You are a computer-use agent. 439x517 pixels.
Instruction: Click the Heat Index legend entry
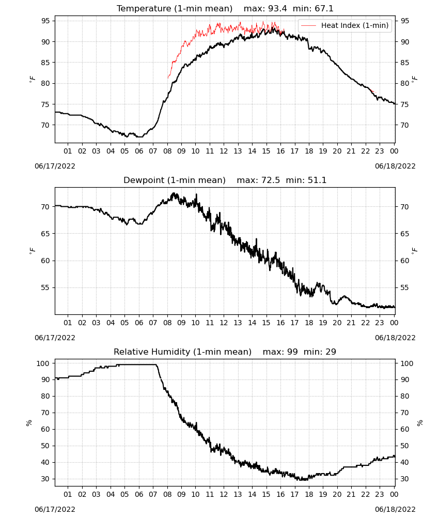(x=345, y=25)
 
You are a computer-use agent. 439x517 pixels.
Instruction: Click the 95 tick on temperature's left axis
(x=45, y=21)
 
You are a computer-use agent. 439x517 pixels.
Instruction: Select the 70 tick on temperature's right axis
(x=404, y=125)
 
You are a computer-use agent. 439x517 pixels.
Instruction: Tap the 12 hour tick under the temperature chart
(x=224, y=151)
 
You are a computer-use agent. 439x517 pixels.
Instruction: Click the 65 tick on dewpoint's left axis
(x=45, y=234)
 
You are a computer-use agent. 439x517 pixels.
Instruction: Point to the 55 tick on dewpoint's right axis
(x=404, y=288)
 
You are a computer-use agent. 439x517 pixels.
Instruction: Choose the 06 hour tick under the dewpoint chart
(x=138, y=323)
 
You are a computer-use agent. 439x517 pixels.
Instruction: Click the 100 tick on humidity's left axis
(x=43, y=363)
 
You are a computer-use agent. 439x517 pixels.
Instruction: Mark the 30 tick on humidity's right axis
(x=404, y=479)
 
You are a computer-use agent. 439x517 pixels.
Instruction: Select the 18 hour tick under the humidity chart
(x=308, y=494)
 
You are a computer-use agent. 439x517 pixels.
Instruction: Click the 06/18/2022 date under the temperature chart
(x=395, y=166)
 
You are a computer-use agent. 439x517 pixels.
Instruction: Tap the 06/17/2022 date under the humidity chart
(x=55, y=509)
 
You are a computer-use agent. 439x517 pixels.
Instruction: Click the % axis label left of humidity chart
(x=29, y=423)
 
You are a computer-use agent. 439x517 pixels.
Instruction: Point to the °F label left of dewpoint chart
(x=32, y=251)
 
